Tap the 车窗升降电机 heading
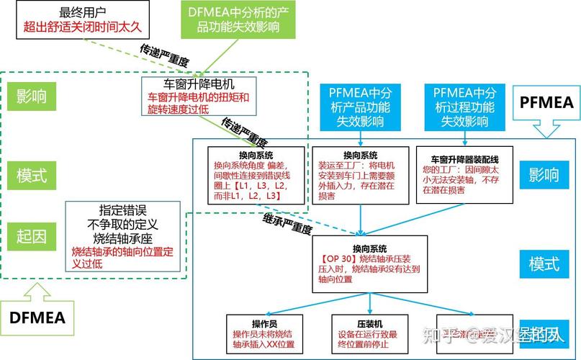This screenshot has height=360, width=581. (x=199, y=84)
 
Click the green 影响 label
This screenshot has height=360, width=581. (x=31, y=96)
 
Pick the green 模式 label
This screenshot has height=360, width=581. (x=31, y=174)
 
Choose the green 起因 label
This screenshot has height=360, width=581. (x=31, y=236)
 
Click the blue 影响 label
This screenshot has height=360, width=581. (x=544, y=174)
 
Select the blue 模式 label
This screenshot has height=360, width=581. (x=544, y=264)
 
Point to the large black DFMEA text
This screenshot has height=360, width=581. (x=37, y=318)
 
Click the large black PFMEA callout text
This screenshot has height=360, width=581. (x=546, y=102)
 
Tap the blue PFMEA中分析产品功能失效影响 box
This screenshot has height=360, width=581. (x=359, y=107)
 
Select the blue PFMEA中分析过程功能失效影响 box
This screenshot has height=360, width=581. (x=464, y=107)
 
